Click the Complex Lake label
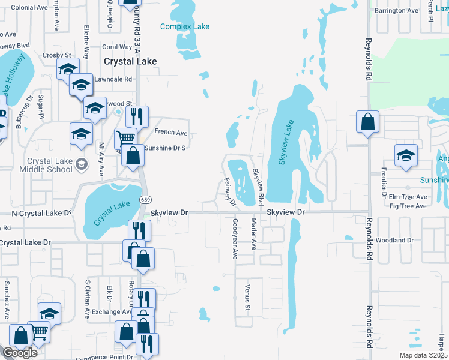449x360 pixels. (185, 26)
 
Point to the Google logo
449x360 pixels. (19, 353)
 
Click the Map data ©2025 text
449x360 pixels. (423, 355)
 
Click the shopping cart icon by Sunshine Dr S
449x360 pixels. (125, 138)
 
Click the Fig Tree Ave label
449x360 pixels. (408, 206)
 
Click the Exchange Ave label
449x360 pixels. (107, 312)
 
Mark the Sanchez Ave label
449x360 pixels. (7, 293)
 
